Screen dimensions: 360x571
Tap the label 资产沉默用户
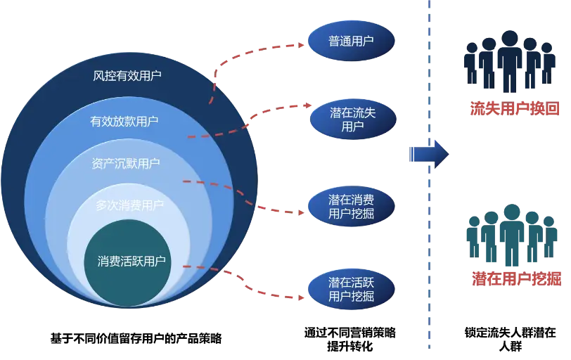(x=126, y=164)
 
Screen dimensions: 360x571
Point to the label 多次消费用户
(x=129, y=205)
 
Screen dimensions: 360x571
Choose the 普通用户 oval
(x=351, y=41)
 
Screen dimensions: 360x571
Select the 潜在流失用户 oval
(x=352, y=120)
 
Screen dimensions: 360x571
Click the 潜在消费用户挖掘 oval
(x=351, y=207)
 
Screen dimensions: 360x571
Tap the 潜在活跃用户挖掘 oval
(x=351, y=290)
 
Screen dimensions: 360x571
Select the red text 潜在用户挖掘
(x=516, y=279)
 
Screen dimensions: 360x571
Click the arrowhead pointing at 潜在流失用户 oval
(x=307, y=106)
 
